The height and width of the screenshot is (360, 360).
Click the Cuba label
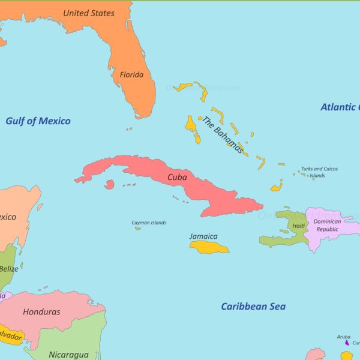(x=177, y=177)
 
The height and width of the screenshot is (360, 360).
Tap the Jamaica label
(x=203, y=236)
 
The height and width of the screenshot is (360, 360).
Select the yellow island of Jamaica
(x=209, y=247)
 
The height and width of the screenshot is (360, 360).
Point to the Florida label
(x=131, y=75)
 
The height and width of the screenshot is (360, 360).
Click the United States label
(x=89, y=13)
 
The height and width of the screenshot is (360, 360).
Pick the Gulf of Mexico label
(x=38, y=121)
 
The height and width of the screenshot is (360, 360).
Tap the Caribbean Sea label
(x=253, y=307)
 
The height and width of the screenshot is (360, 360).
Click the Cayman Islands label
(x=149, y=223)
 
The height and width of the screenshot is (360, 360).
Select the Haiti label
(x=298, y=226)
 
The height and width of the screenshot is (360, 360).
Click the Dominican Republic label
(x=328, y=225)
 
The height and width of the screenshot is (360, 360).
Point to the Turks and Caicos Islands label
(x=319, y=172)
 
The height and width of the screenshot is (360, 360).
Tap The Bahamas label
(x=223, y=135)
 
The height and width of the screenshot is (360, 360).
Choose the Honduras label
(x=41, y=312)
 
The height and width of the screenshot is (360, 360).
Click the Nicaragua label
(x=68, y=355)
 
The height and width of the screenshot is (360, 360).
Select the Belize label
(x=8, y=269)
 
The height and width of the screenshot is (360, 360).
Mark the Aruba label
(x=343, y=337)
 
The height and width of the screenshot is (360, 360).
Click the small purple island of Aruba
(x=346, y=343)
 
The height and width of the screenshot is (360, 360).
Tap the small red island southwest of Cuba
(x=109, y=185)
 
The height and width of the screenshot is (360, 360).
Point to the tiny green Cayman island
(x=138, y=228)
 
